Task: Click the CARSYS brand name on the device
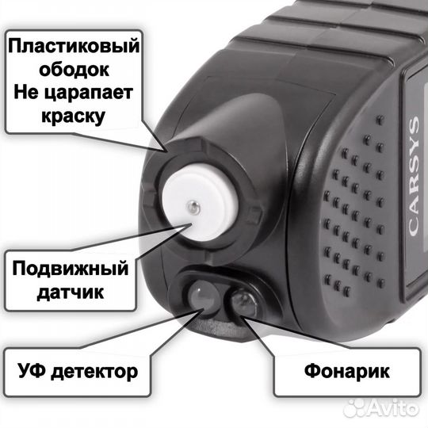[x=412, y=175]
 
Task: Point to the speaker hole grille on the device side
[x=353, y=206]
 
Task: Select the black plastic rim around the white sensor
[x=170, y=159]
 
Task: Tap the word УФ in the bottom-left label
[x=35, y=370]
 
